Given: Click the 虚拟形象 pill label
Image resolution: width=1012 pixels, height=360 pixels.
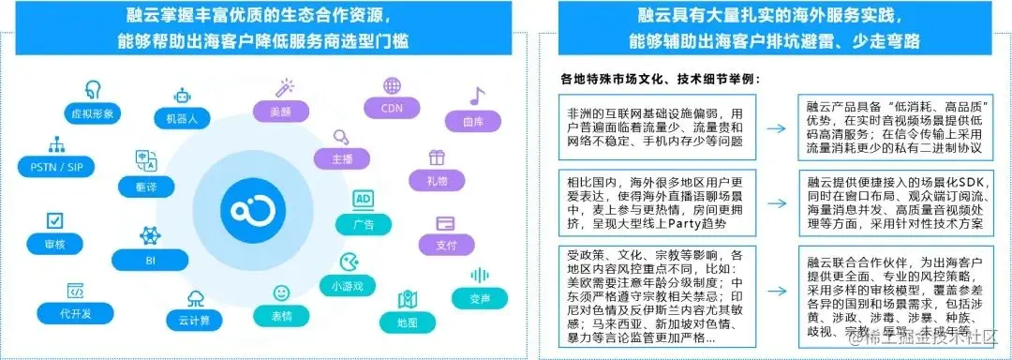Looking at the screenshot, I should tap(93, 112).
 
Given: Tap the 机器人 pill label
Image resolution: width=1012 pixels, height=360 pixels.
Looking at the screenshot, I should tap(182, 119).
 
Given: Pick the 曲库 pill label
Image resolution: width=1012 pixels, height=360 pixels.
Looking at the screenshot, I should tap(474, 121).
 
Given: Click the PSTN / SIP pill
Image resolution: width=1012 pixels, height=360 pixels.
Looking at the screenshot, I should tap(56, 167).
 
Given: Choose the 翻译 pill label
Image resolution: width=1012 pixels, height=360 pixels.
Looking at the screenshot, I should tap(146, 187).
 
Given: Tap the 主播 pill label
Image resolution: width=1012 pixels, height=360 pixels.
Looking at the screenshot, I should tap(342, 159).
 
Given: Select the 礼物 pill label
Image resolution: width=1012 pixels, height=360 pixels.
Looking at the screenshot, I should tap(438, 180).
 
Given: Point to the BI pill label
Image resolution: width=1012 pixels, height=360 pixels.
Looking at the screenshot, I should tap(149, 258).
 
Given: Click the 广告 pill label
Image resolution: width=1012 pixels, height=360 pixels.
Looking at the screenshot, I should tap(365, 225).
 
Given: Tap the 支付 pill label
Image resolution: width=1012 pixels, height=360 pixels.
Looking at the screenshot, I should tap(446, 246).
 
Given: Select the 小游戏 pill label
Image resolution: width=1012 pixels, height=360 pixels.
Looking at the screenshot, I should tap(347, 284).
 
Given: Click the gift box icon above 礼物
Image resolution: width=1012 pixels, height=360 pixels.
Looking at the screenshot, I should tap(438, 157).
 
